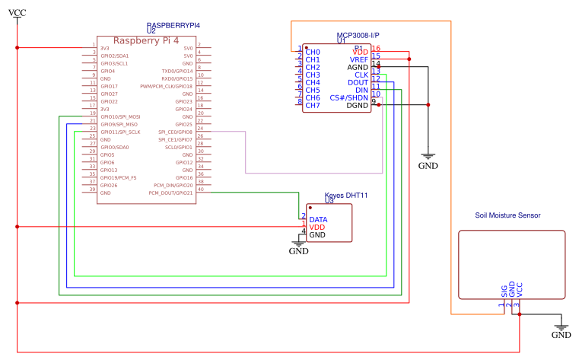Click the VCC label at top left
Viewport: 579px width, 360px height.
coord(17,14)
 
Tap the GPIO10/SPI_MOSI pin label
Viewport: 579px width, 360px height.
coord(120,116)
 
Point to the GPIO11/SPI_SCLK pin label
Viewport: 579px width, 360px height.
coord(120,132)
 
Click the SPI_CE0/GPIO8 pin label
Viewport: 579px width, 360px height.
coord(175,132)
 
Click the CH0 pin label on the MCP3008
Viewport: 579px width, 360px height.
coord(312,52)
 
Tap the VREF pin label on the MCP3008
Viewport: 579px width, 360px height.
coord(358,59)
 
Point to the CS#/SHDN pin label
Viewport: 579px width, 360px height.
coord(349,97)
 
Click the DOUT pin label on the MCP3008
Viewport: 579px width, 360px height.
coord(358,82)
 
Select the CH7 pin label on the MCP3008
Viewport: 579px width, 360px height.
coord(312,105)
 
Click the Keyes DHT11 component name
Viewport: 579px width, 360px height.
coord(346,196)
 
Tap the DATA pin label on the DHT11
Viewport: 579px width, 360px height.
coord(318,219)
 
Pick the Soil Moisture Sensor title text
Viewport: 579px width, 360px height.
coord(507,215)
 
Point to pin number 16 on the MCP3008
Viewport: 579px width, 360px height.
coord(376,49)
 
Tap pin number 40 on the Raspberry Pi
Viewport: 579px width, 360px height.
coord(200,190)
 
